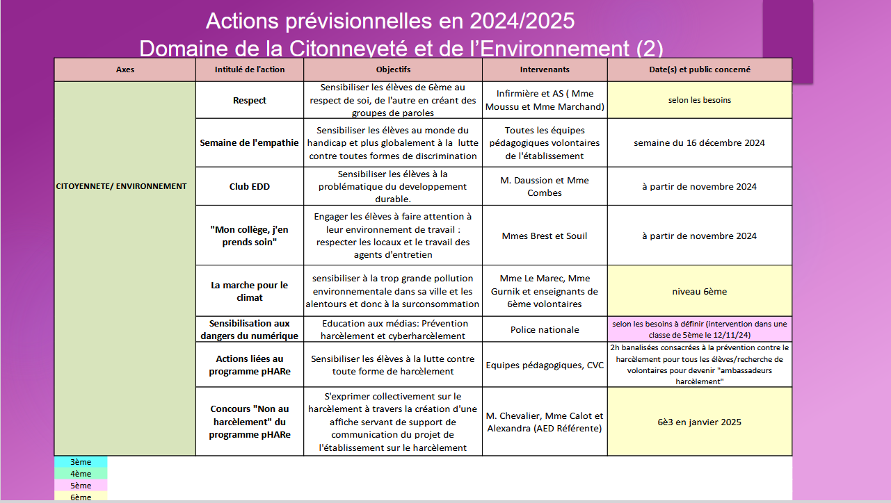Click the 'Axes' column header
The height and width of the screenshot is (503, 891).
[x=125, y=69]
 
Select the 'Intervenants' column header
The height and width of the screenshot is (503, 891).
[x=545, y=69]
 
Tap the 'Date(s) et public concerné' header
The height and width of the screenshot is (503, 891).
[x=699, y=69]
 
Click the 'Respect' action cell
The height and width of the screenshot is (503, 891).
[x=250, y=101]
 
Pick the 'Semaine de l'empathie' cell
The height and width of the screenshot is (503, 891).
[x=249, y=143]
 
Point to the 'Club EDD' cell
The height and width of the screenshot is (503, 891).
[x=250, y=186]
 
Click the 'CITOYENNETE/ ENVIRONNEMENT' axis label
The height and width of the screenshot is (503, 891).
[x=122, y=186]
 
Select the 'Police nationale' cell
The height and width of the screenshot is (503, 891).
[x=545, y=329]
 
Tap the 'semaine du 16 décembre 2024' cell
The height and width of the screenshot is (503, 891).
[x=699, y=143]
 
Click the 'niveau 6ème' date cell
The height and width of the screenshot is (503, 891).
[x=699, y=292]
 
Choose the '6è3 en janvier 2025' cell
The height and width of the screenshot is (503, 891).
[x=699, y=422]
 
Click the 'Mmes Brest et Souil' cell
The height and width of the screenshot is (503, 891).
[x=545, y=236]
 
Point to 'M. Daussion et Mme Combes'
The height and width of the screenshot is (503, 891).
[x=545, y=186]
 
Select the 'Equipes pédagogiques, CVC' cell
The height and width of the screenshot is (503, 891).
[x=545, y=365]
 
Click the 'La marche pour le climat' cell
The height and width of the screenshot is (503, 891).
[x=250, y=291]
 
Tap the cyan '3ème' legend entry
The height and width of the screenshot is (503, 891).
[x=81, y=462]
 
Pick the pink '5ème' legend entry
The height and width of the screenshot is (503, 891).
[x=81, y=486]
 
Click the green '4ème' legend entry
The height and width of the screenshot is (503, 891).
[x=81, y=474]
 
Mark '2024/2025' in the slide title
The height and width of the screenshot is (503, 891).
[x=522, y=21]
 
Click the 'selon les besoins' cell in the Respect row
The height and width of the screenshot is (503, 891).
[x=699, y=100]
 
